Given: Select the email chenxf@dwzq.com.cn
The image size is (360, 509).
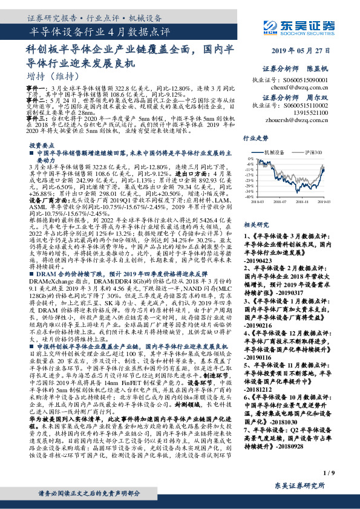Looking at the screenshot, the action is [x=309, y=86].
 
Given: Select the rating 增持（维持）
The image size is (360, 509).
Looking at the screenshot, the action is [x=53, y=76].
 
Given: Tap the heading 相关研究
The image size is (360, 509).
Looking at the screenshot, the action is [x=256, y=224].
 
